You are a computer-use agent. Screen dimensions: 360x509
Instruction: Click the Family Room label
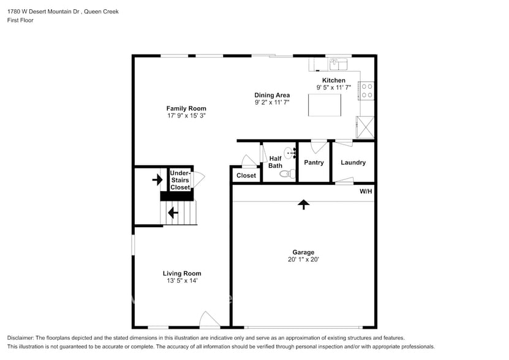pyautogui.click(x=186, y=108)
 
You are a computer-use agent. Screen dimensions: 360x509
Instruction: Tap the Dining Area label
pyautogui.click(x=272, y=95)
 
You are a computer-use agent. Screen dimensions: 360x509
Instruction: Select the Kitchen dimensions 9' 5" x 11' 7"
pyautogui.click(x=334, y=88)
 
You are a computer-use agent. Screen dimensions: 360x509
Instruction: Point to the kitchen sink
pyautogui.click(x=337, y=63)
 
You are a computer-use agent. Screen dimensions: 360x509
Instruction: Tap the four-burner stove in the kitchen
pyautogui.click(x=367, y=91)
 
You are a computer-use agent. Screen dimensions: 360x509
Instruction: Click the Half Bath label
pyautogui.click(x=276, y=162)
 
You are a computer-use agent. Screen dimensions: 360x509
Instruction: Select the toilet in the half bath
pyautogui.click(x=286, y=173)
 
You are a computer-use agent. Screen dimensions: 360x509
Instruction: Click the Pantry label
pyautogui.click(x=314, y=162)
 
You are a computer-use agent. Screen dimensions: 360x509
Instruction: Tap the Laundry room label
pyautogui.click(x=353, y=162)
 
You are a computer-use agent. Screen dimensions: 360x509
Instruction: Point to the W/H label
pyautogui.click(x=366, y=192)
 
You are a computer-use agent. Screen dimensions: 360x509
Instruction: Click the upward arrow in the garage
pyautogui.click(x=303, y=204)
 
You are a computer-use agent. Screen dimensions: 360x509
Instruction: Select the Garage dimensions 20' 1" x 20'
pyautogui.click(x=303, y=260)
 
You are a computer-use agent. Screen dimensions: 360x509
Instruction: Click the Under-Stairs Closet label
pyautogui.click(x=180, y=180)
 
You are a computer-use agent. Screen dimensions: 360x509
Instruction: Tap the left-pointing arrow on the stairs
pyautogui.click(x=173, y=212)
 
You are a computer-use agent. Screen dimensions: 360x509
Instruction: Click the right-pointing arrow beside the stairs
pyautogui.click(x=157, y=179)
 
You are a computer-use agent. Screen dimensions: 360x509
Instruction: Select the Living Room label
pyautogui.click(x=182, y=273)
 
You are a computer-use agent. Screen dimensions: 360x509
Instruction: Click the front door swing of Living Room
pyautogui.click(x=209, y=319)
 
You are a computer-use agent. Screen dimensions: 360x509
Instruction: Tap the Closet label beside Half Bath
pyautogui.click(x=246, y=176)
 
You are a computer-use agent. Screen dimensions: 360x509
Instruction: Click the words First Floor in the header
pyautogui.click(x=21, y=20)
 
